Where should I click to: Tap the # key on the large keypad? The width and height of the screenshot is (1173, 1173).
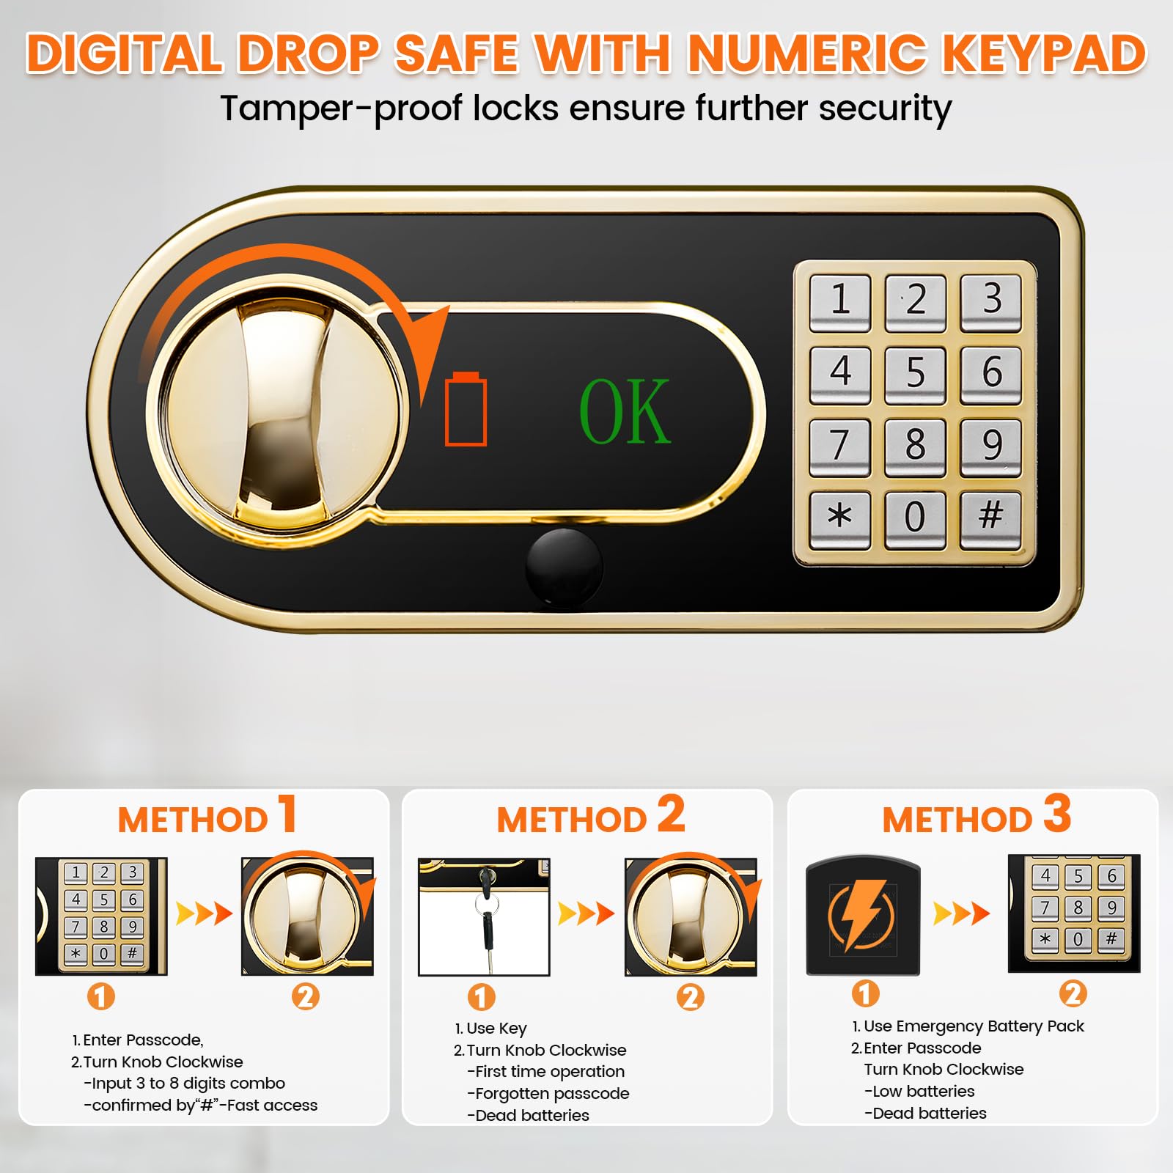pyautogui.click(x=990, y=519)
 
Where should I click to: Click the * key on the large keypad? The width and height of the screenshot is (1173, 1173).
pyautogui.click(x=840, y=519)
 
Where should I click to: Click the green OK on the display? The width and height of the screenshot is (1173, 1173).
pyautogui.click(x=625, y=411)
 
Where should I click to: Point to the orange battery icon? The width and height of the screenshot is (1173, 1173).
pyautogui.click(x=466, y=408)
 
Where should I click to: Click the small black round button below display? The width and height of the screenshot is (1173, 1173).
pyautogui.click(x=564, y=567)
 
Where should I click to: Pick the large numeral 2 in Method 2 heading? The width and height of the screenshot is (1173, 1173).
pyautogui.click(x=671, y=814)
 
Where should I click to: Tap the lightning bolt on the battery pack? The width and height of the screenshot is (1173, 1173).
pyautogui.click(x=863, y=913)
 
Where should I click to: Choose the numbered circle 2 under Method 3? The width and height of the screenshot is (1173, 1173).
pyautogui.click(x=1073, y=994)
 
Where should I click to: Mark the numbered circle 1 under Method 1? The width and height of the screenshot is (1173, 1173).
pyautogui.click(x=101, y=996)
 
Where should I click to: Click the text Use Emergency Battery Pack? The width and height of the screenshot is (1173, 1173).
pyautogui.click(x=974, y=1026)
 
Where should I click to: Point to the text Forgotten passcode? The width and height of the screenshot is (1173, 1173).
pyautogui.click(x=552, y=1094)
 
